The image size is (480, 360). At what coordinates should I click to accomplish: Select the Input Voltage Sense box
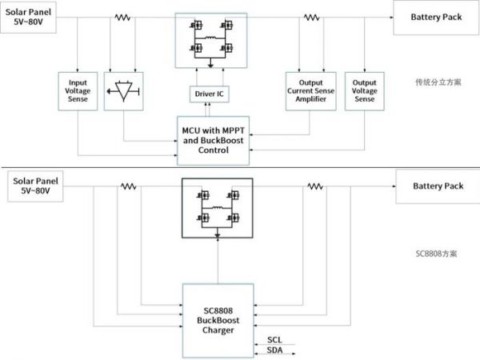78,94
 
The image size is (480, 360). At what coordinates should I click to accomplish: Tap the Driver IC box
210,95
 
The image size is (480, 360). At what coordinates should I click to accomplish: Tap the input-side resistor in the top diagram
122,18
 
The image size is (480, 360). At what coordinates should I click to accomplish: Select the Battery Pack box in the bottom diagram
438,186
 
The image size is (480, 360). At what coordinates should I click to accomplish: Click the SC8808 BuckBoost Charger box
218,319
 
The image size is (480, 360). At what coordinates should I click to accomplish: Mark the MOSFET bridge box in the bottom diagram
217,207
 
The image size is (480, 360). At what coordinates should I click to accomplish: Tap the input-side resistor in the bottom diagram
128,186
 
